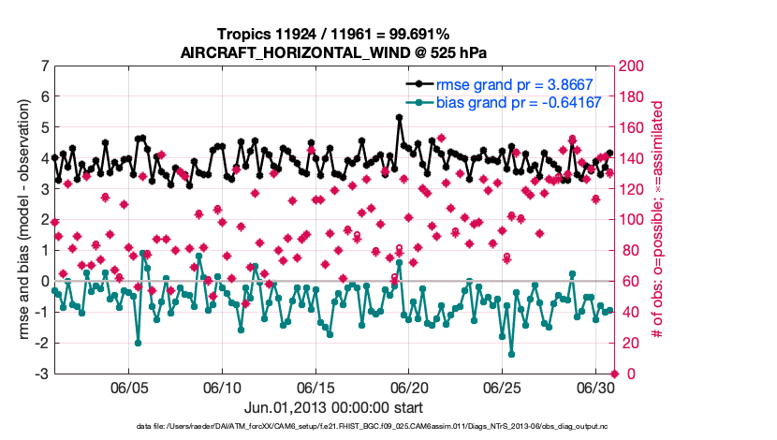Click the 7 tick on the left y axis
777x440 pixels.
point(44,66)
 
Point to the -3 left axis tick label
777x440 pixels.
point(41,374)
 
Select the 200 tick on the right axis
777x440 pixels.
point(636,66)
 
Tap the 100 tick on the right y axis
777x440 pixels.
point(636,220)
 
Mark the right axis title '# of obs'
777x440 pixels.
point(658,220)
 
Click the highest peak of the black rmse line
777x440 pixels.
point(400,118)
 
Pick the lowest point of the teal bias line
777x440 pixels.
point(511,354)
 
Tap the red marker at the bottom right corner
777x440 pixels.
point(614,374)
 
